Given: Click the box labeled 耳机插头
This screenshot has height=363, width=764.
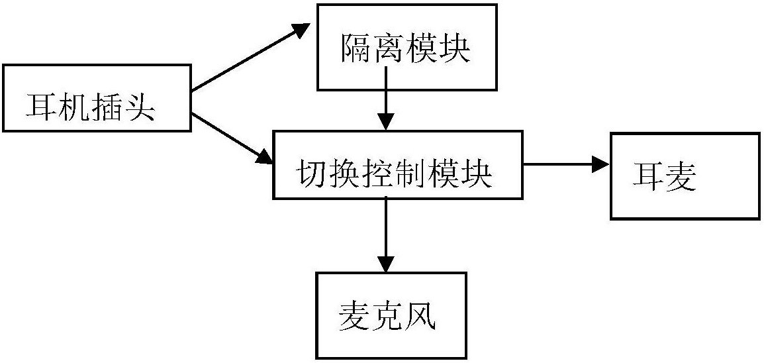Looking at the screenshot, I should point(97,97).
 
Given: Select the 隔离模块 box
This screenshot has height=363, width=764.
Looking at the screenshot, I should point(406,47).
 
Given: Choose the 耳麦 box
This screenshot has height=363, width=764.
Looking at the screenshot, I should point(685,176).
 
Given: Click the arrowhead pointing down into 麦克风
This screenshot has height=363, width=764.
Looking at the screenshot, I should point(385,262).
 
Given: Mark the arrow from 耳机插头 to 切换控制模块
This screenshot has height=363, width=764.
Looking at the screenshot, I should point(232,139).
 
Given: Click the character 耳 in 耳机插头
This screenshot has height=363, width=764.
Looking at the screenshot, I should point(40,106).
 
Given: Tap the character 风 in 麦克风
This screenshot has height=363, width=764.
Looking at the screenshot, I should point(420,317).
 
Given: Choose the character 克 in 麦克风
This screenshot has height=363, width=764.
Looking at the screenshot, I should point(388,317).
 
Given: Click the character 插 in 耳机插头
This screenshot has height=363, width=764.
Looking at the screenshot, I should point(106,106).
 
